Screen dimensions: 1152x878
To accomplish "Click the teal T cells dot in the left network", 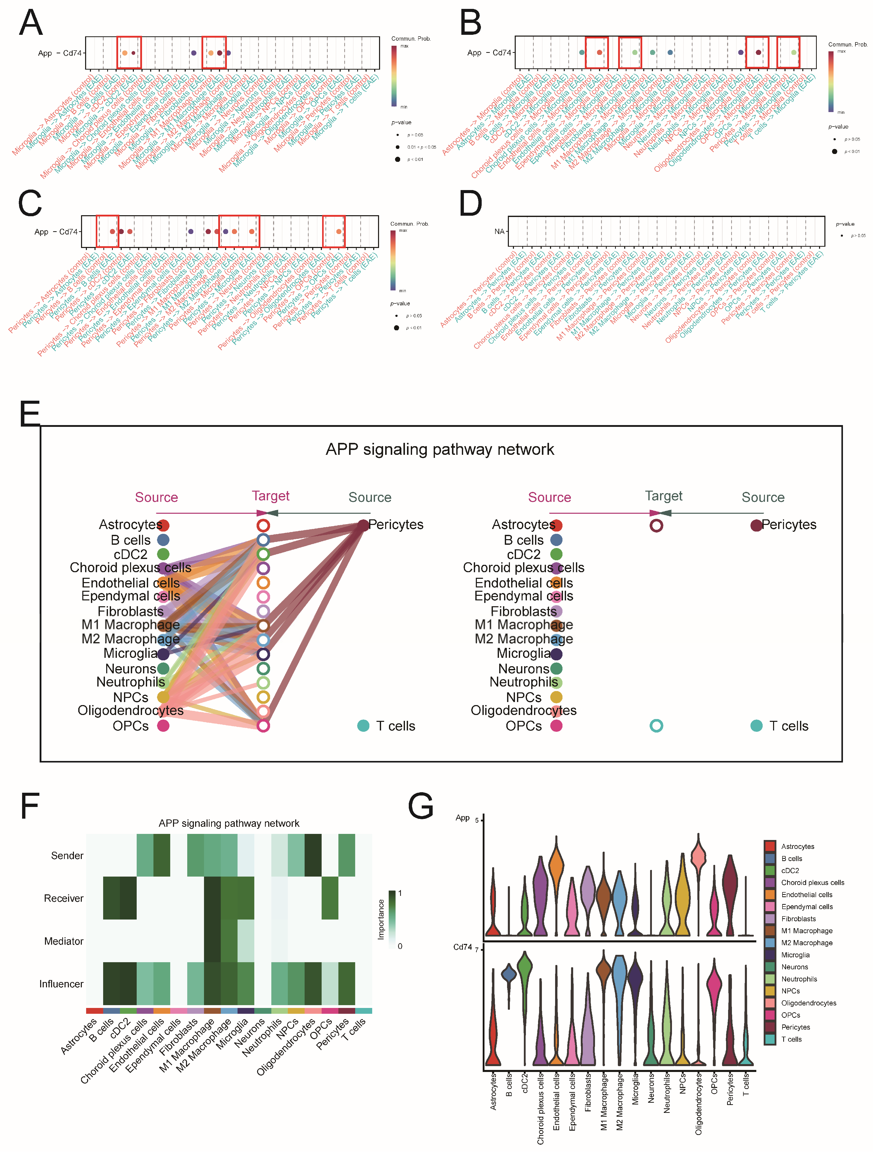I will (363, 725).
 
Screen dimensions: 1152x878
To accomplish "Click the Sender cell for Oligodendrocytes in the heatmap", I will (313, 856).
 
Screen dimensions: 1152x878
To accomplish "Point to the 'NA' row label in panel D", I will (499, 231).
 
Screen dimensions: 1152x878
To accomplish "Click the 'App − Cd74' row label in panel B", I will (489, 53).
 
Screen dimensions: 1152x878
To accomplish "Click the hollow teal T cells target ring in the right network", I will (656, 725).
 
